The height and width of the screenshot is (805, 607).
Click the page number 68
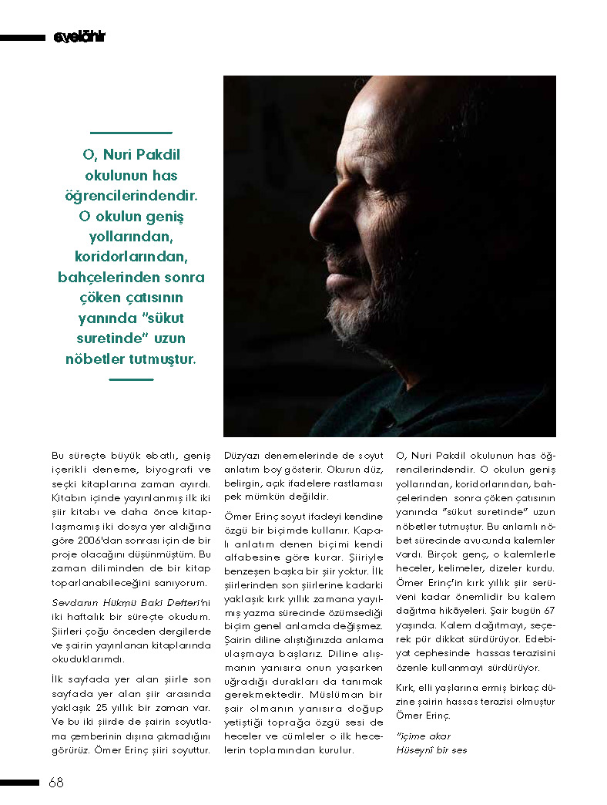pyautogui.click(x=55, y=783)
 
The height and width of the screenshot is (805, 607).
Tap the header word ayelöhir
pyautogui.click(x=79, y=37)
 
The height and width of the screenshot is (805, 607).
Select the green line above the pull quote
pyautogui.click(x=131, y=133)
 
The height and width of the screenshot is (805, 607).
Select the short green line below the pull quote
pyautogui.click(x=131, y=379)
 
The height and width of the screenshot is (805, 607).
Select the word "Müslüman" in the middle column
pyautogui.click(x=303, y=694)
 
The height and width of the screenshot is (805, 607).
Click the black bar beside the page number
pyautogui.click(x=19, y=783)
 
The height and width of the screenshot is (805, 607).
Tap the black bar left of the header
pyautogui.click(x=23, y=37)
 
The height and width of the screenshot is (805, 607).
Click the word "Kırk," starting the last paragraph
pyautogui.click(x=406, y=687)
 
